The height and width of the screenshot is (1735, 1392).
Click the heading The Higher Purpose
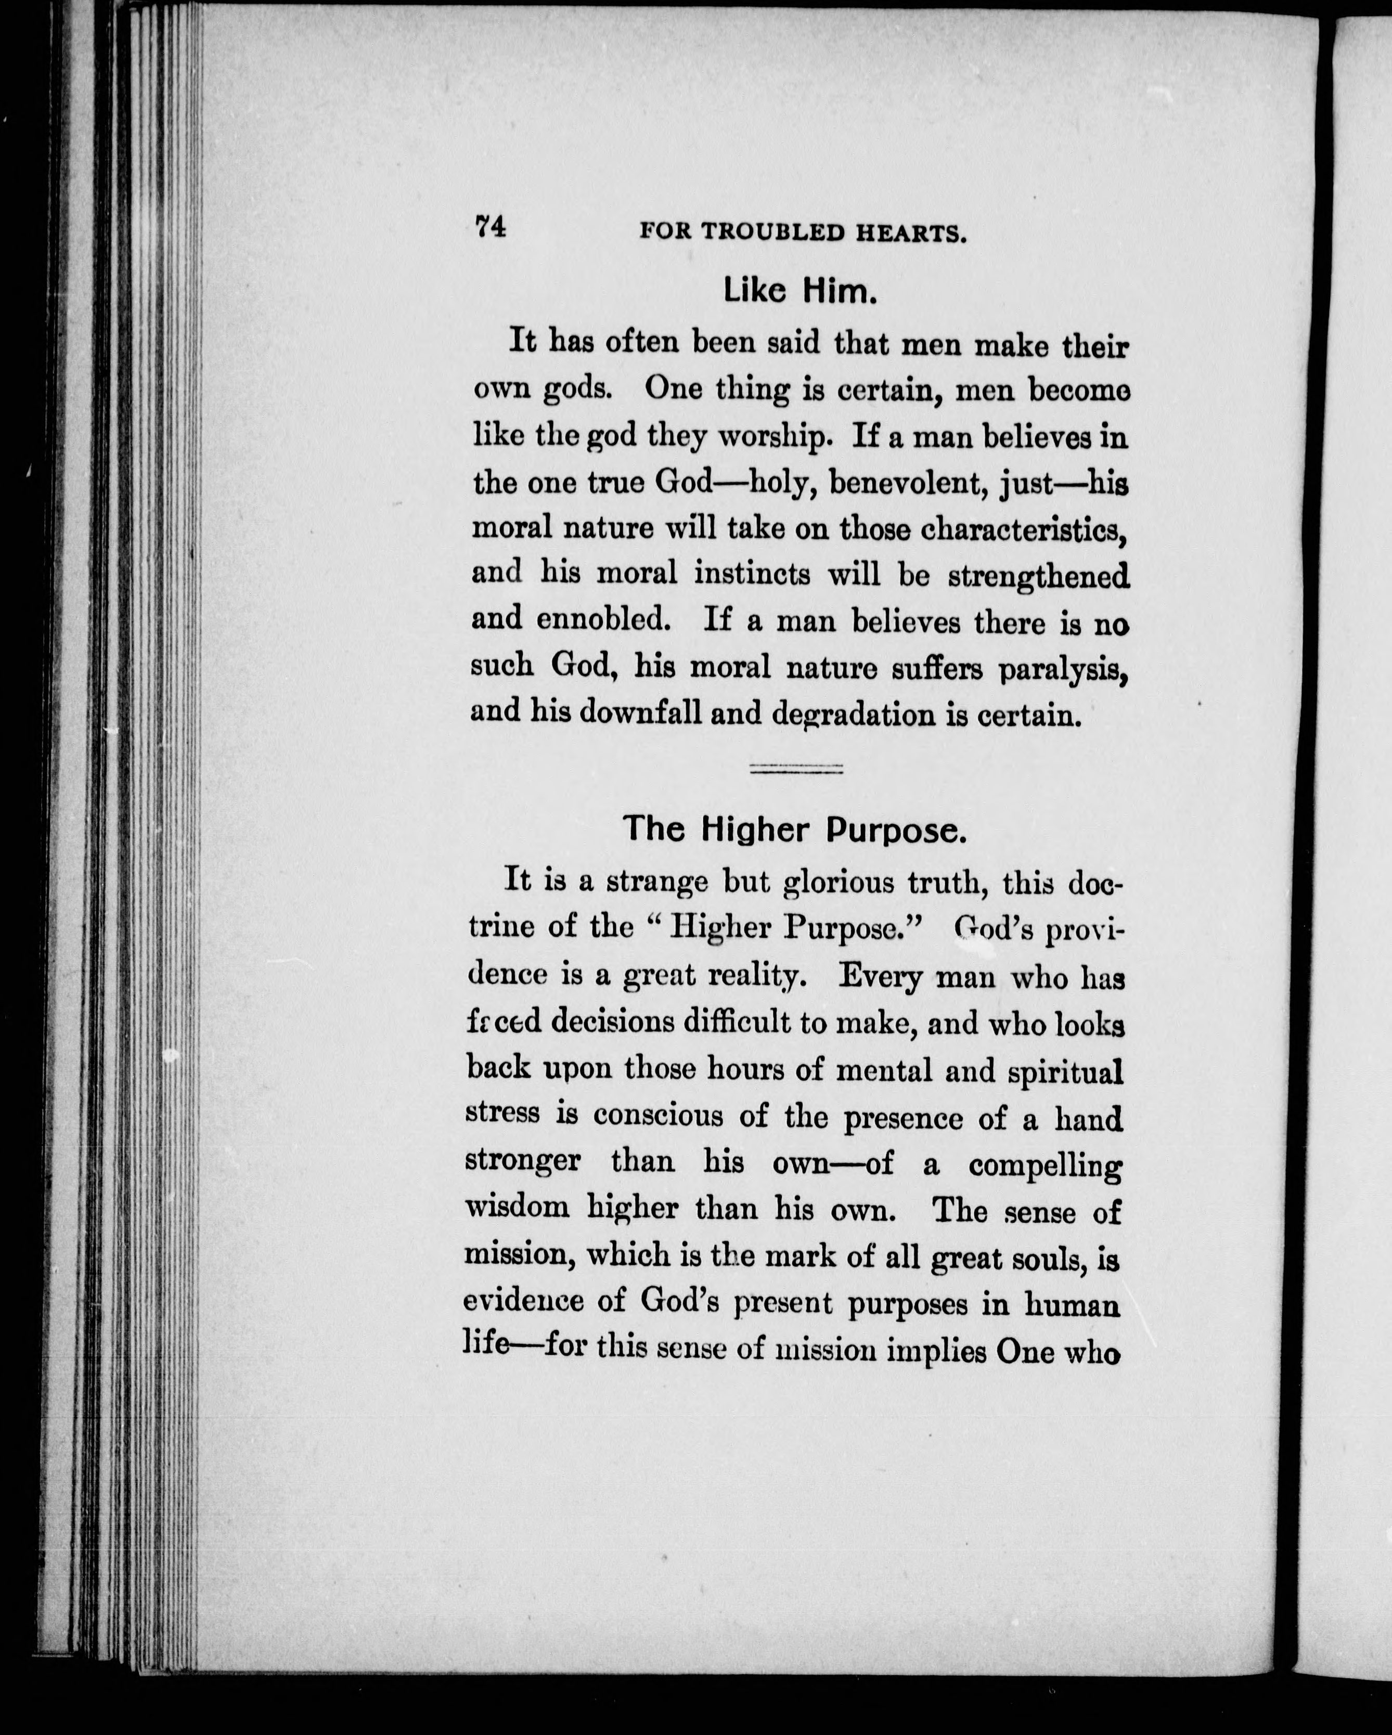pos(794,830)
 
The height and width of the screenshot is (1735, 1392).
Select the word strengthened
pos(1039,576)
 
